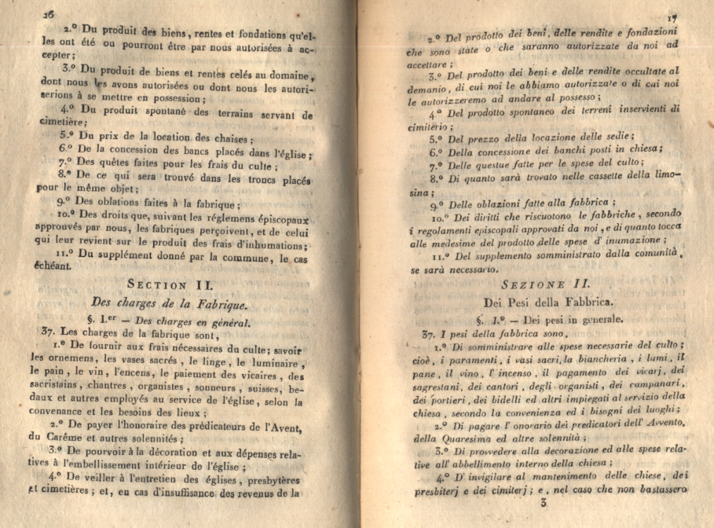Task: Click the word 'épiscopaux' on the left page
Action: [276, 216]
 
